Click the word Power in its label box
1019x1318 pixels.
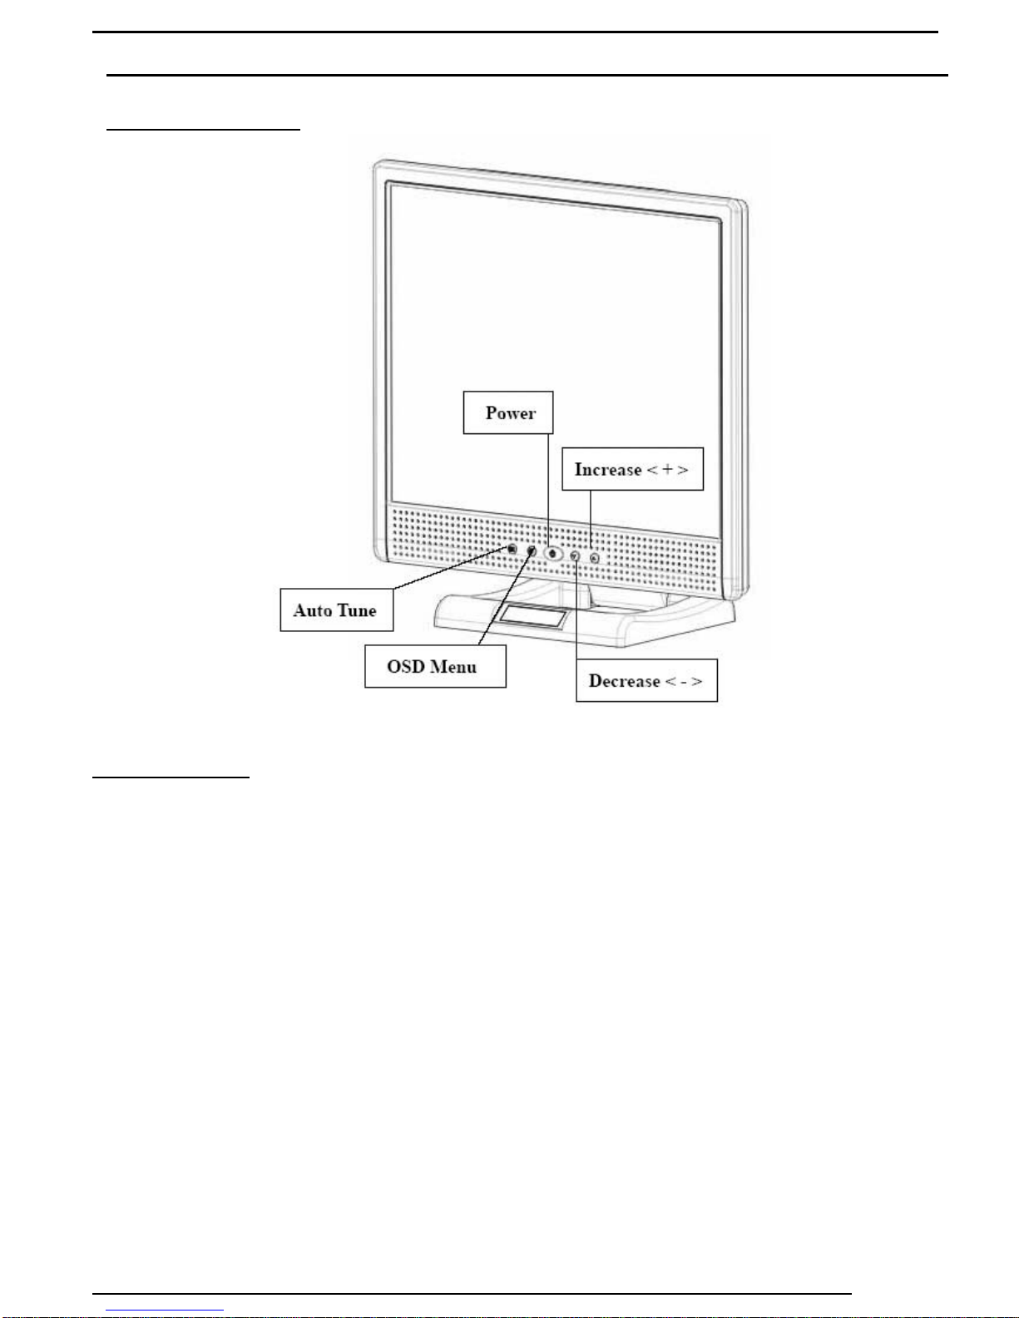point(510,413)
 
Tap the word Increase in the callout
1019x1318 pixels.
point(608,470)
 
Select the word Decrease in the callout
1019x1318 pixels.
point(624,681)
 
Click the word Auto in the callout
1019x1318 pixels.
point(313,610)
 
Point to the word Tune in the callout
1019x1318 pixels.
point(357,610)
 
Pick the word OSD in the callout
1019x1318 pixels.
point(405,667)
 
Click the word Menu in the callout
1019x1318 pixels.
point(453,667)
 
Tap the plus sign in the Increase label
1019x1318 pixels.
point(667,470)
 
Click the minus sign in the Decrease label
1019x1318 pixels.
point(682,681)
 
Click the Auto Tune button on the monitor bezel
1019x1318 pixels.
point(512,549)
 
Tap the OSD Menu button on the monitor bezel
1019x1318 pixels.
point(532,550)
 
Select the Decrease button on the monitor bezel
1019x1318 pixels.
point(574,555)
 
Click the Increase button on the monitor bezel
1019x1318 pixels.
point(594,558)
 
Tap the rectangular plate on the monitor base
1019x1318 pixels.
point(532,618)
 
